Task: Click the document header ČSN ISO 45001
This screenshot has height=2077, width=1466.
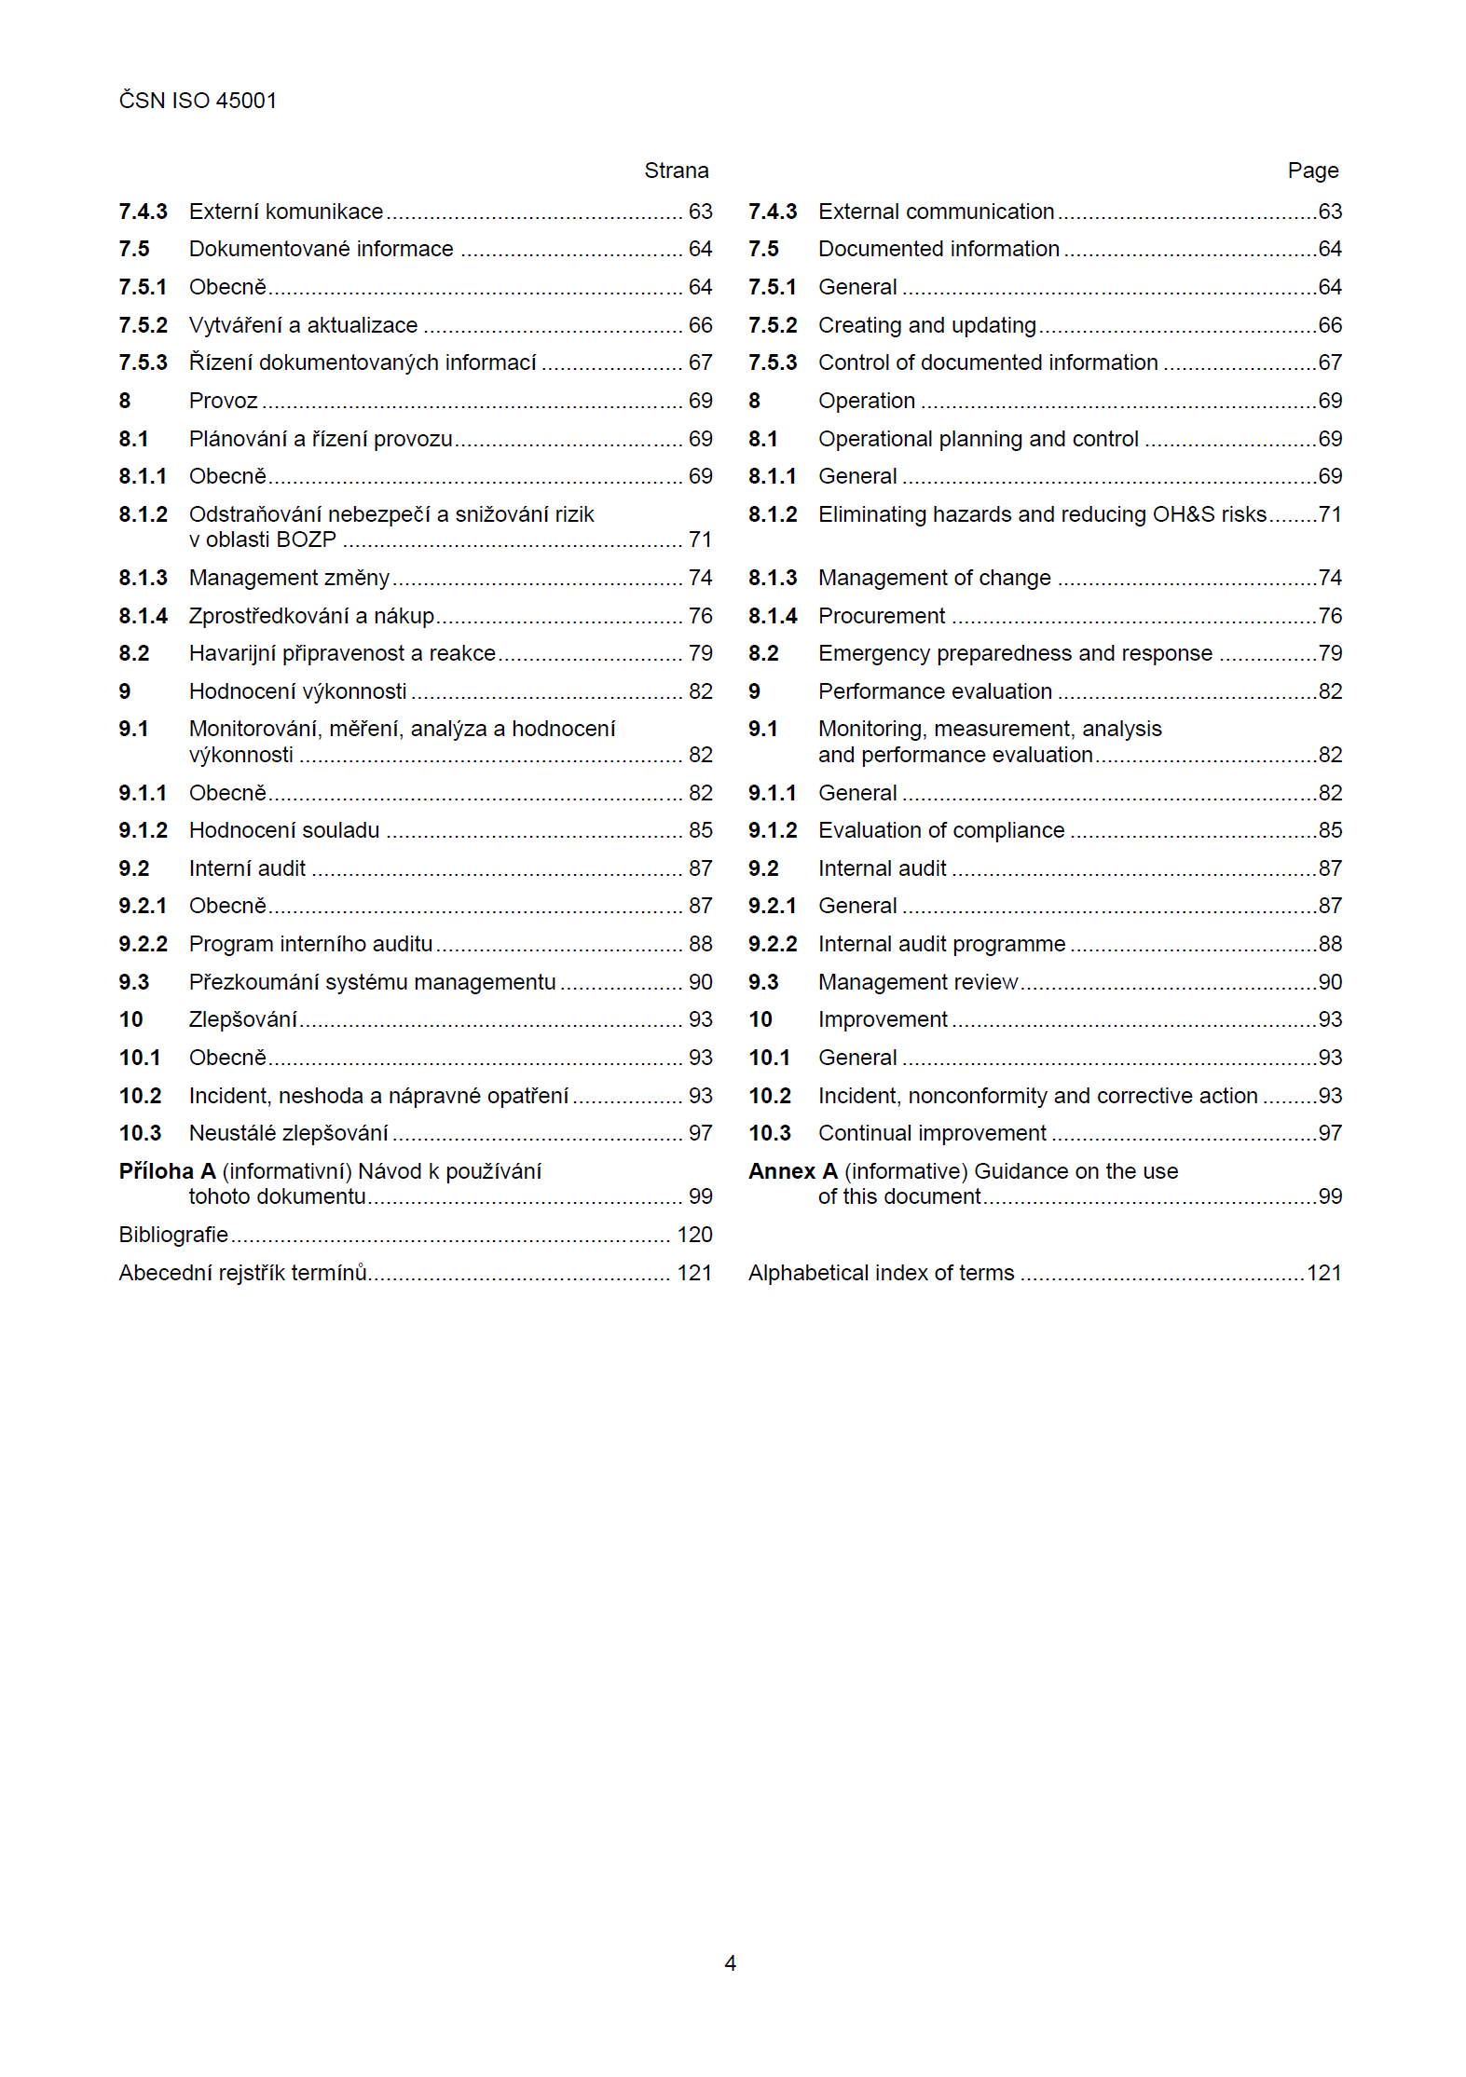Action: tap(198, 101)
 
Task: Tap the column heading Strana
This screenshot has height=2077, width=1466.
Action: tap(676, 171)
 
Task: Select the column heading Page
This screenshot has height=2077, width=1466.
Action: tap(1312, 171)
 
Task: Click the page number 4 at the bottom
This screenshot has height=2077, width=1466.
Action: tap(731, 1962)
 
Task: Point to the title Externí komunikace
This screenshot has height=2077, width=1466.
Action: tap(286, 212)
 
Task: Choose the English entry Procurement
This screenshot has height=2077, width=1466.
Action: tap(881, 616)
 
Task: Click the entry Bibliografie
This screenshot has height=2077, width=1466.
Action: tap(173, 1235)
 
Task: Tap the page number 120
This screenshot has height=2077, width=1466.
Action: tap(694, 1235)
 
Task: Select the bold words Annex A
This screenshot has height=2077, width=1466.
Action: tap(792, 1171)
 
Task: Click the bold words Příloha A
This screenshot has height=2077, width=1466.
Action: tap(167, 1171)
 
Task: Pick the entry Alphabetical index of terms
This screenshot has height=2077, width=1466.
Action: tap(881, 1273)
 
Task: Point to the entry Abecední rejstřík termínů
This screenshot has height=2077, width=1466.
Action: tap(242, 1273)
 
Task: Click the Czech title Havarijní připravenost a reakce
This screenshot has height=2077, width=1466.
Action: tap(342, 653)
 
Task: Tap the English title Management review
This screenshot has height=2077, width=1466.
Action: tap(918, 982)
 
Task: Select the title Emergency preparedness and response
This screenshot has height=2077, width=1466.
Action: tap(1015, 653)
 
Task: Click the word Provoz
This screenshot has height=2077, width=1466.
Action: tap(223, 401)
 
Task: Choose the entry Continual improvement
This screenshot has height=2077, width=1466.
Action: tap(932, 1133)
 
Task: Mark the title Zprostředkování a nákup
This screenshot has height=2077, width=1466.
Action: tap(311, 616)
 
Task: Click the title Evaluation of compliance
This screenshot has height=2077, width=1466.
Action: tap(941, 830)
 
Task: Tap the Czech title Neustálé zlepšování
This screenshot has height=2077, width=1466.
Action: tap(288, 1133)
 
